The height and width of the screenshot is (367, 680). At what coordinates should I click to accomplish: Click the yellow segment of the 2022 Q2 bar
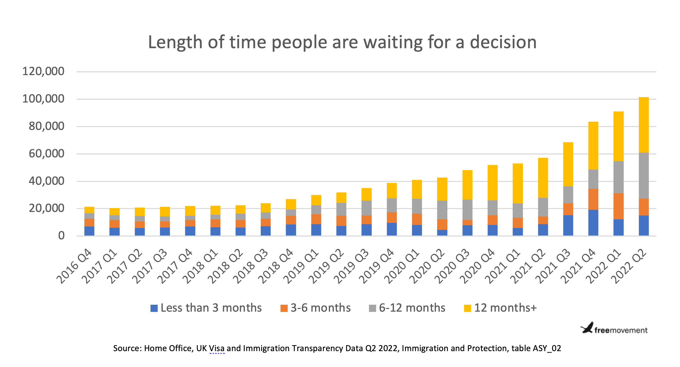[644, 125]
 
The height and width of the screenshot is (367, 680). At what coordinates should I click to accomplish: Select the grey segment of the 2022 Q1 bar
[618, 177]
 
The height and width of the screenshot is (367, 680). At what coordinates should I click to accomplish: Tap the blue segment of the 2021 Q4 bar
[593, 222]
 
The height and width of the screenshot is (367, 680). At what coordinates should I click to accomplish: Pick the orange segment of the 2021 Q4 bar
[593, 199]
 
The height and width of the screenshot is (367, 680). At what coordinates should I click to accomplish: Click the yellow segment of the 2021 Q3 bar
[568, 164]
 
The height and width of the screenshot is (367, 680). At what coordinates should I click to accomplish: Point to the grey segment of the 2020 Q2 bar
[442, 210]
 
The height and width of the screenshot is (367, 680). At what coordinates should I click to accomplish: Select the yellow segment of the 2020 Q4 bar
[493, 182]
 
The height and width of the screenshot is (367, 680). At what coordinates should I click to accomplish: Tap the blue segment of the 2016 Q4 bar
[89, 231]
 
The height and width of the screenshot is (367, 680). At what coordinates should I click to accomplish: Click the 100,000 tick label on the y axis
[43, 99]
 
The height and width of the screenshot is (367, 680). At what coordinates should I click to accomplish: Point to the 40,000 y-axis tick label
[46, 181]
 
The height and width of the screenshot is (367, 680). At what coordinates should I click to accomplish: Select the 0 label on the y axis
[61, 236]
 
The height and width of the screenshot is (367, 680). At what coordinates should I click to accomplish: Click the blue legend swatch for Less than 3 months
[154, 308]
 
